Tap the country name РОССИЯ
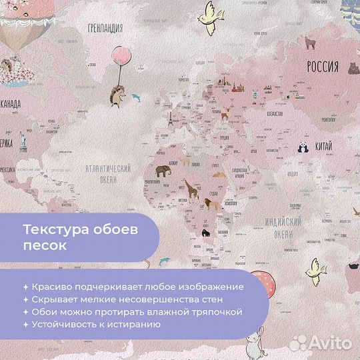point(323,67)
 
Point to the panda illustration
point(302,148)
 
